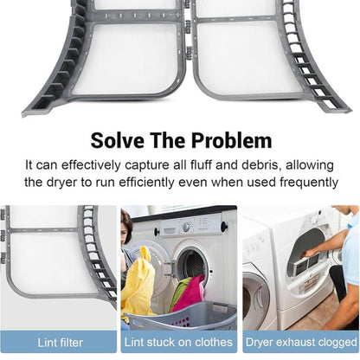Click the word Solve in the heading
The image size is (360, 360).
click(117, 140)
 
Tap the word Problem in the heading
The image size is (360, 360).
click(232, 140)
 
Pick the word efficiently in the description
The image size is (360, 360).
click(146, 183)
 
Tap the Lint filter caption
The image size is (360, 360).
click(60, 343)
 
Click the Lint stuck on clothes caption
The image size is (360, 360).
click(178, 343)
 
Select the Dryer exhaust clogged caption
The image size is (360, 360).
click(301, 343)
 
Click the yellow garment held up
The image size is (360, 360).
click(138, 284)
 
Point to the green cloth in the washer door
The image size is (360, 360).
click(180, 292)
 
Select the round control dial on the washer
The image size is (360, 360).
click(186, 227)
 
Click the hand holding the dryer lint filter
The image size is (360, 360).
click(309, 254)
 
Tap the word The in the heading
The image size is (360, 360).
click(168, 140)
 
